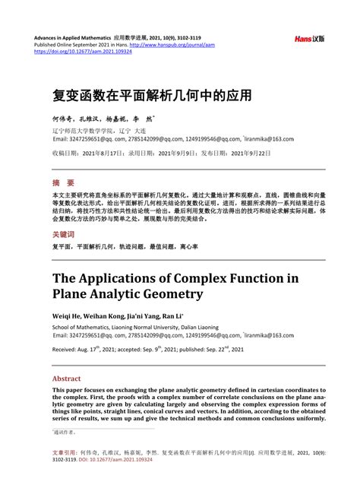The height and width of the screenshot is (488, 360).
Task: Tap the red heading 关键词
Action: pyautogui.click(x=64, y=234)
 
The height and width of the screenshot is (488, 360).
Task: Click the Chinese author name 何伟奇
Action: pyautogui.click(x=62, y=120)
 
